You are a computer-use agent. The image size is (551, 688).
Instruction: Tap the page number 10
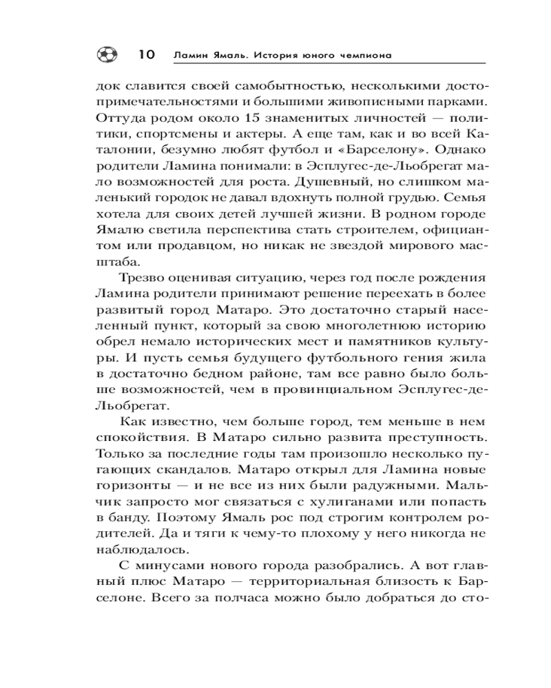pos(147,54)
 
